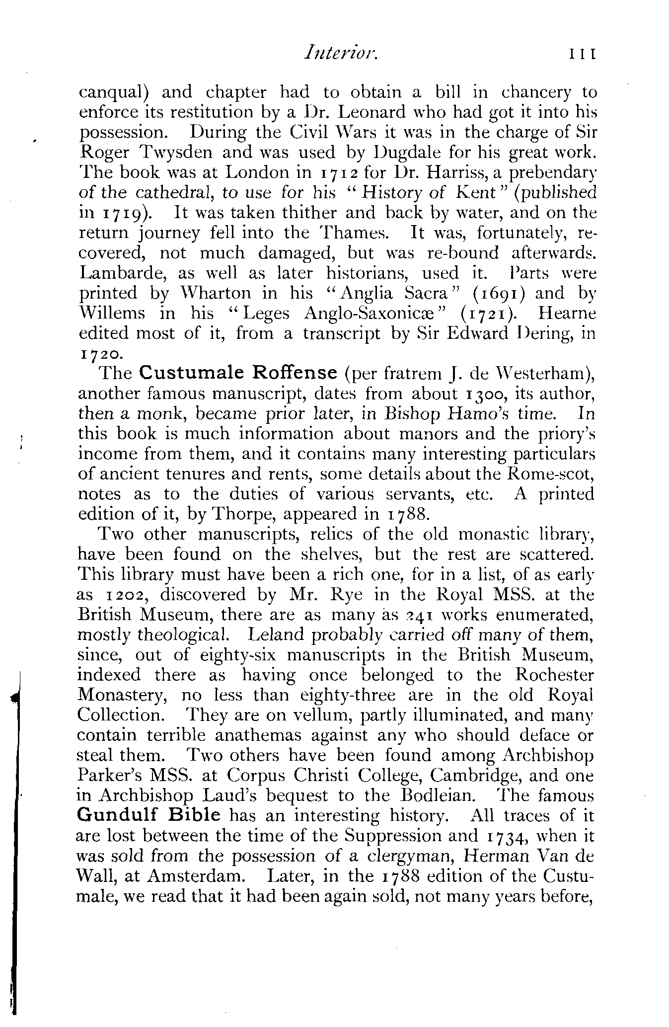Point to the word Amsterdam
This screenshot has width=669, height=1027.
pyautogui.click(x=199, y=876)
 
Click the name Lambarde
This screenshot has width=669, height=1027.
pyautogui.click(x=118, y=273)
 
